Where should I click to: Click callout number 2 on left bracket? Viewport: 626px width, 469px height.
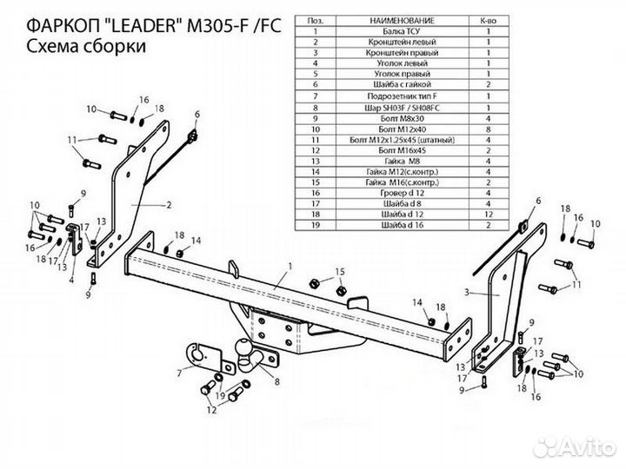point(168,206)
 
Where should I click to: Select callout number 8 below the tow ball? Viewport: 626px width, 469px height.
point(276,380)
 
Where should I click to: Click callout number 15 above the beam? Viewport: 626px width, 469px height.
point(340,271)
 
